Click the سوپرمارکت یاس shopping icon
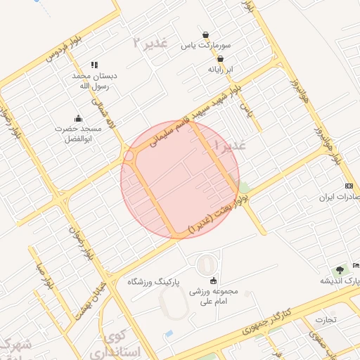click(205, 35)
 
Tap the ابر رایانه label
click(221, 70)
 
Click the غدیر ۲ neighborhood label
click(150, 43)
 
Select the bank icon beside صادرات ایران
click(349, 186)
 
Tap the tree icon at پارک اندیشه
click(340, 269)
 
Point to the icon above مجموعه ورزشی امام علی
click(214, 281)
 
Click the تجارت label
click(326, 319)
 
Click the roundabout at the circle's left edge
click(129, 157)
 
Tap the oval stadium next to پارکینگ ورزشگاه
click(207, 265)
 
